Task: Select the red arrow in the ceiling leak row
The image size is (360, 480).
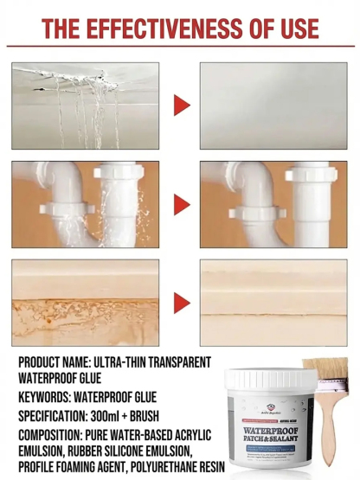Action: (x=181, y=106)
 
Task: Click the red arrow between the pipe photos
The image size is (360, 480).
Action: (x=181, y=204)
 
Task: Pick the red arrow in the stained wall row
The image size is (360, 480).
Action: (x=181, y=302)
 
